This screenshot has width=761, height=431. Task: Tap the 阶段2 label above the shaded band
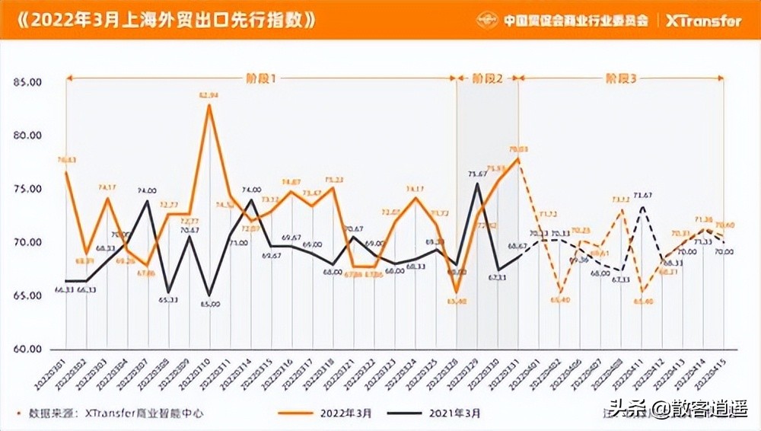click(x=487, y=78)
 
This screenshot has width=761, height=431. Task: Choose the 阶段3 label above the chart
click(x=621, y=78)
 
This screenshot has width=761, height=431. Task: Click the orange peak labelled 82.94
click(x=209, y=104)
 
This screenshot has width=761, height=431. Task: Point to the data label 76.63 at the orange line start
click(x=67, y=160)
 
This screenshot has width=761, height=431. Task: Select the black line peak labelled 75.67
click(x=477, y=183)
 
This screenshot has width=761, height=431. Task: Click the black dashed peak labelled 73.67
click(x=643, y=206)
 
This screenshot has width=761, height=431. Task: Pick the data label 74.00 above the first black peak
click(x=147, y=190)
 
